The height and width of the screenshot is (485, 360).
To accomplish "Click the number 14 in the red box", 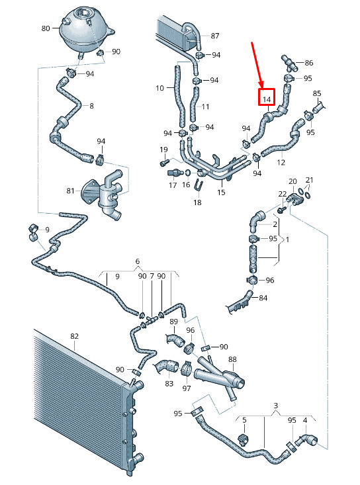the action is (x=267, y=99).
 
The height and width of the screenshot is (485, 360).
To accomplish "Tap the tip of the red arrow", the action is (x=262, y=87).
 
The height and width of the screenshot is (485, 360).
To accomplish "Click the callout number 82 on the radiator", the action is (x=74, y=336).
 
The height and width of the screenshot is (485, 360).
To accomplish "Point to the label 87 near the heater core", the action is (x=215, y=36).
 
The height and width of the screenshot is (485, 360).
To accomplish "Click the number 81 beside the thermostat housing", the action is (x=71, y=191).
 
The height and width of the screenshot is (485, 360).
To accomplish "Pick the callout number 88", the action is (x=232, y=359).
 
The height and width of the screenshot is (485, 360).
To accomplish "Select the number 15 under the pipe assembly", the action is (x=221, y=193).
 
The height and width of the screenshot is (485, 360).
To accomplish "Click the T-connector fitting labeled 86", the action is (x=289, y=64).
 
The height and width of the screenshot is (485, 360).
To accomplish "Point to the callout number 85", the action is (x=317, y=93).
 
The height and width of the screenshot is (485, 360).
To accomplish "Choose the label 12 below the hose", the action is (x=281, y=162).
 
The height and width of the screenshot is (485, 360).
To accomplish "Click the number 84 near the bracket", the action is (x=263, y=298).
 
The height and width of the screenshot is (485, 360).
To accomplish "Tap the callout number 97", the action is (x=187, y=388).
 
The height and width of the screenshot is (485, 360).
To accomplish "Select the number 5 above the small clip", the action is (x=244, y=420).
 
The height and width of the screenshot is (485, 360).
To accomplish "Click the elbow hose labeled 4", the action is (x=306, y=440).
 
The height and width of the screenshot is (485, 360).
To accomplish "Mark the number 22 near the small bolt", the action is (x=283, y=194).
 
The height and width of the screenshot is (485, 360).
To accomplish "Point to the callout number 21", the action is (x=310, y=180).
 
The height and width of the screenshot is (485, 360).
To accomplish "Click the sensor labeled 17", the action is (x=174, y=173).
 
